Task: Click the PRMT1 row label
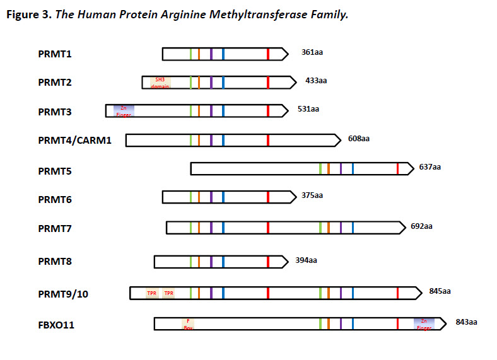click(x=55, y=54)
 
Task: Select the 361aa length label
click(x=312, y=53)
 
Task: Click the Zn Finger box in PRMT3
click(x=124, y=111)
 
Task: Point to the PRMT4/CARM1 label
click(x=74, y=140)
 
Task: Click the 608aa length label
click(x=358, y=139)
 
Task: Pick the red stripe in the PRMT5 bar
click(x=397, y=168)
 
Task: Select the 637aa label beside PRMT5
click(x=430, y=167)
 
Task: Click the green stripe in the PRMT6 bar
click(x=190, y=197)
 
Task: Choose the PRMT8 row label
click(x=55, y=261)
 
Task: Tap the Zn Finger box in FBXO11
click(x=424, y=324)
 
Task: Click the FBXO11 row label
click(x=57, y=325)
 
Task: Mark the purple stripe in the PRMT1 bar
click(x=211, y=54)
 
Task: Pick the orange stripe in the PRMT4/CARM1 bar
click(x=199, y=140)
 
